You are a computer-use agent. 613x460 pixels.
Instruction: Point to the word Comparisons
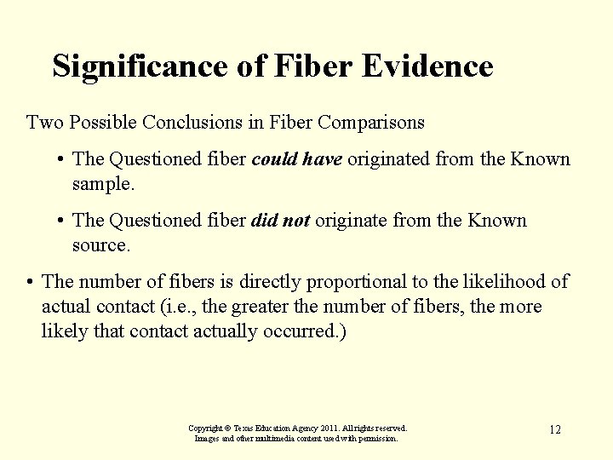coord(370,123)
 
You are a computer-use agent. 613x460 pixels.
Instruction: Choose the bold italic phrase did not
coord(281,221)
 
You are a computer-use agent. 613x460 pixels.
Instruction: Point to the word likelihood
coord(508,282)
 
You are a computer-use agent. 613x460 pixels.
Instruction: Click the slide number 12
coord(554,429)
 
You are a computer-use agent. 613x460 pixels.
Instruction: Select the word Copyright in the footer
coord(205,428)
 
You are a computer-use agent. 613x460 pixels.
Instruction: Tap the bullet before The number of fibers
coord(30,282)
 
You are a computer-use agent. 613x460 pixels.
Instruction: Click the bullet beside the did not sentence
coord(61,221)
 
